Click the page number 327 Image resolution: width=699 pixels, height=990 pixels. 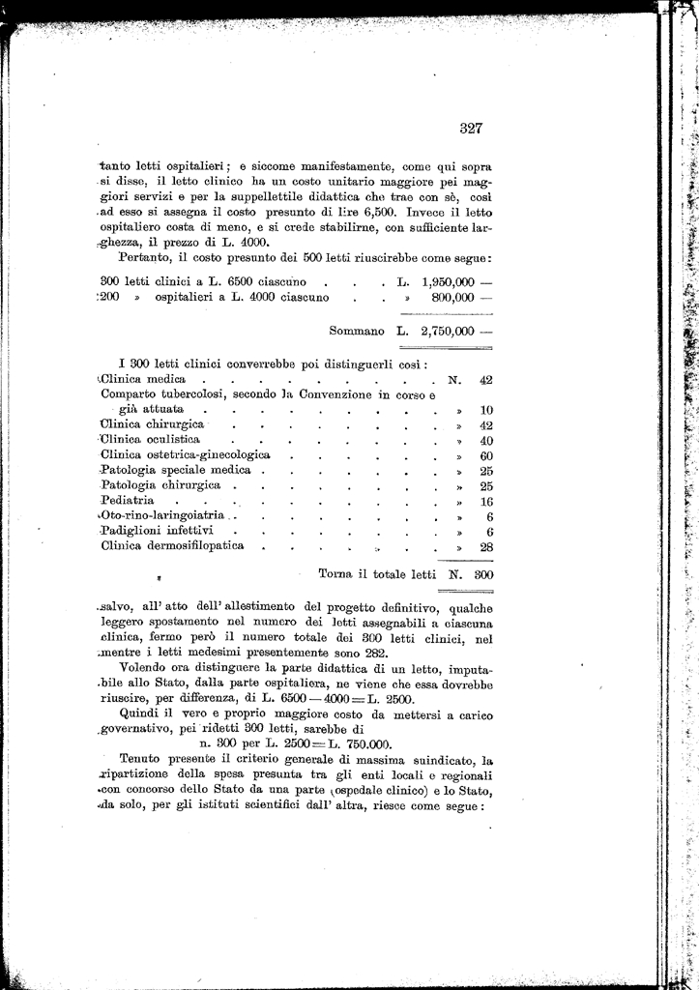(x=471, y=128)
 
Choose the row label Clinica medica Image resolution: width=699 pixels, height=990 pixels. (x=144, y=380)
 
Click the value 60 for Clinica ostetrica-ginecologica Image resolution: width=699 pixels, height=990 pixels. (x=486, y=455)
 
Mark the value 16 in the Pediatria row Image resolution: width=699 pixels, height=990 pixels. (x=486, y=502)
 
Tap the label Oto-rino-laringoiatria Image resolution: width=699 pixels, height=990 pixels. (x=161, y=516)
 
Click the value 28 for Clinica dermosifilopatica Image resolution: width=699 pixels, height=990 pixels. (x=486, y=546)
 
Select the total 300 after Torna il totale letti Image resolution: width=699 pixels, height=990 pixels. (x=483, y=574)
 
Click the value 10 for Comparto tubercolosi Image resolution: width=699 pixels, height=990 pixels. (x=486, y=410)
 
